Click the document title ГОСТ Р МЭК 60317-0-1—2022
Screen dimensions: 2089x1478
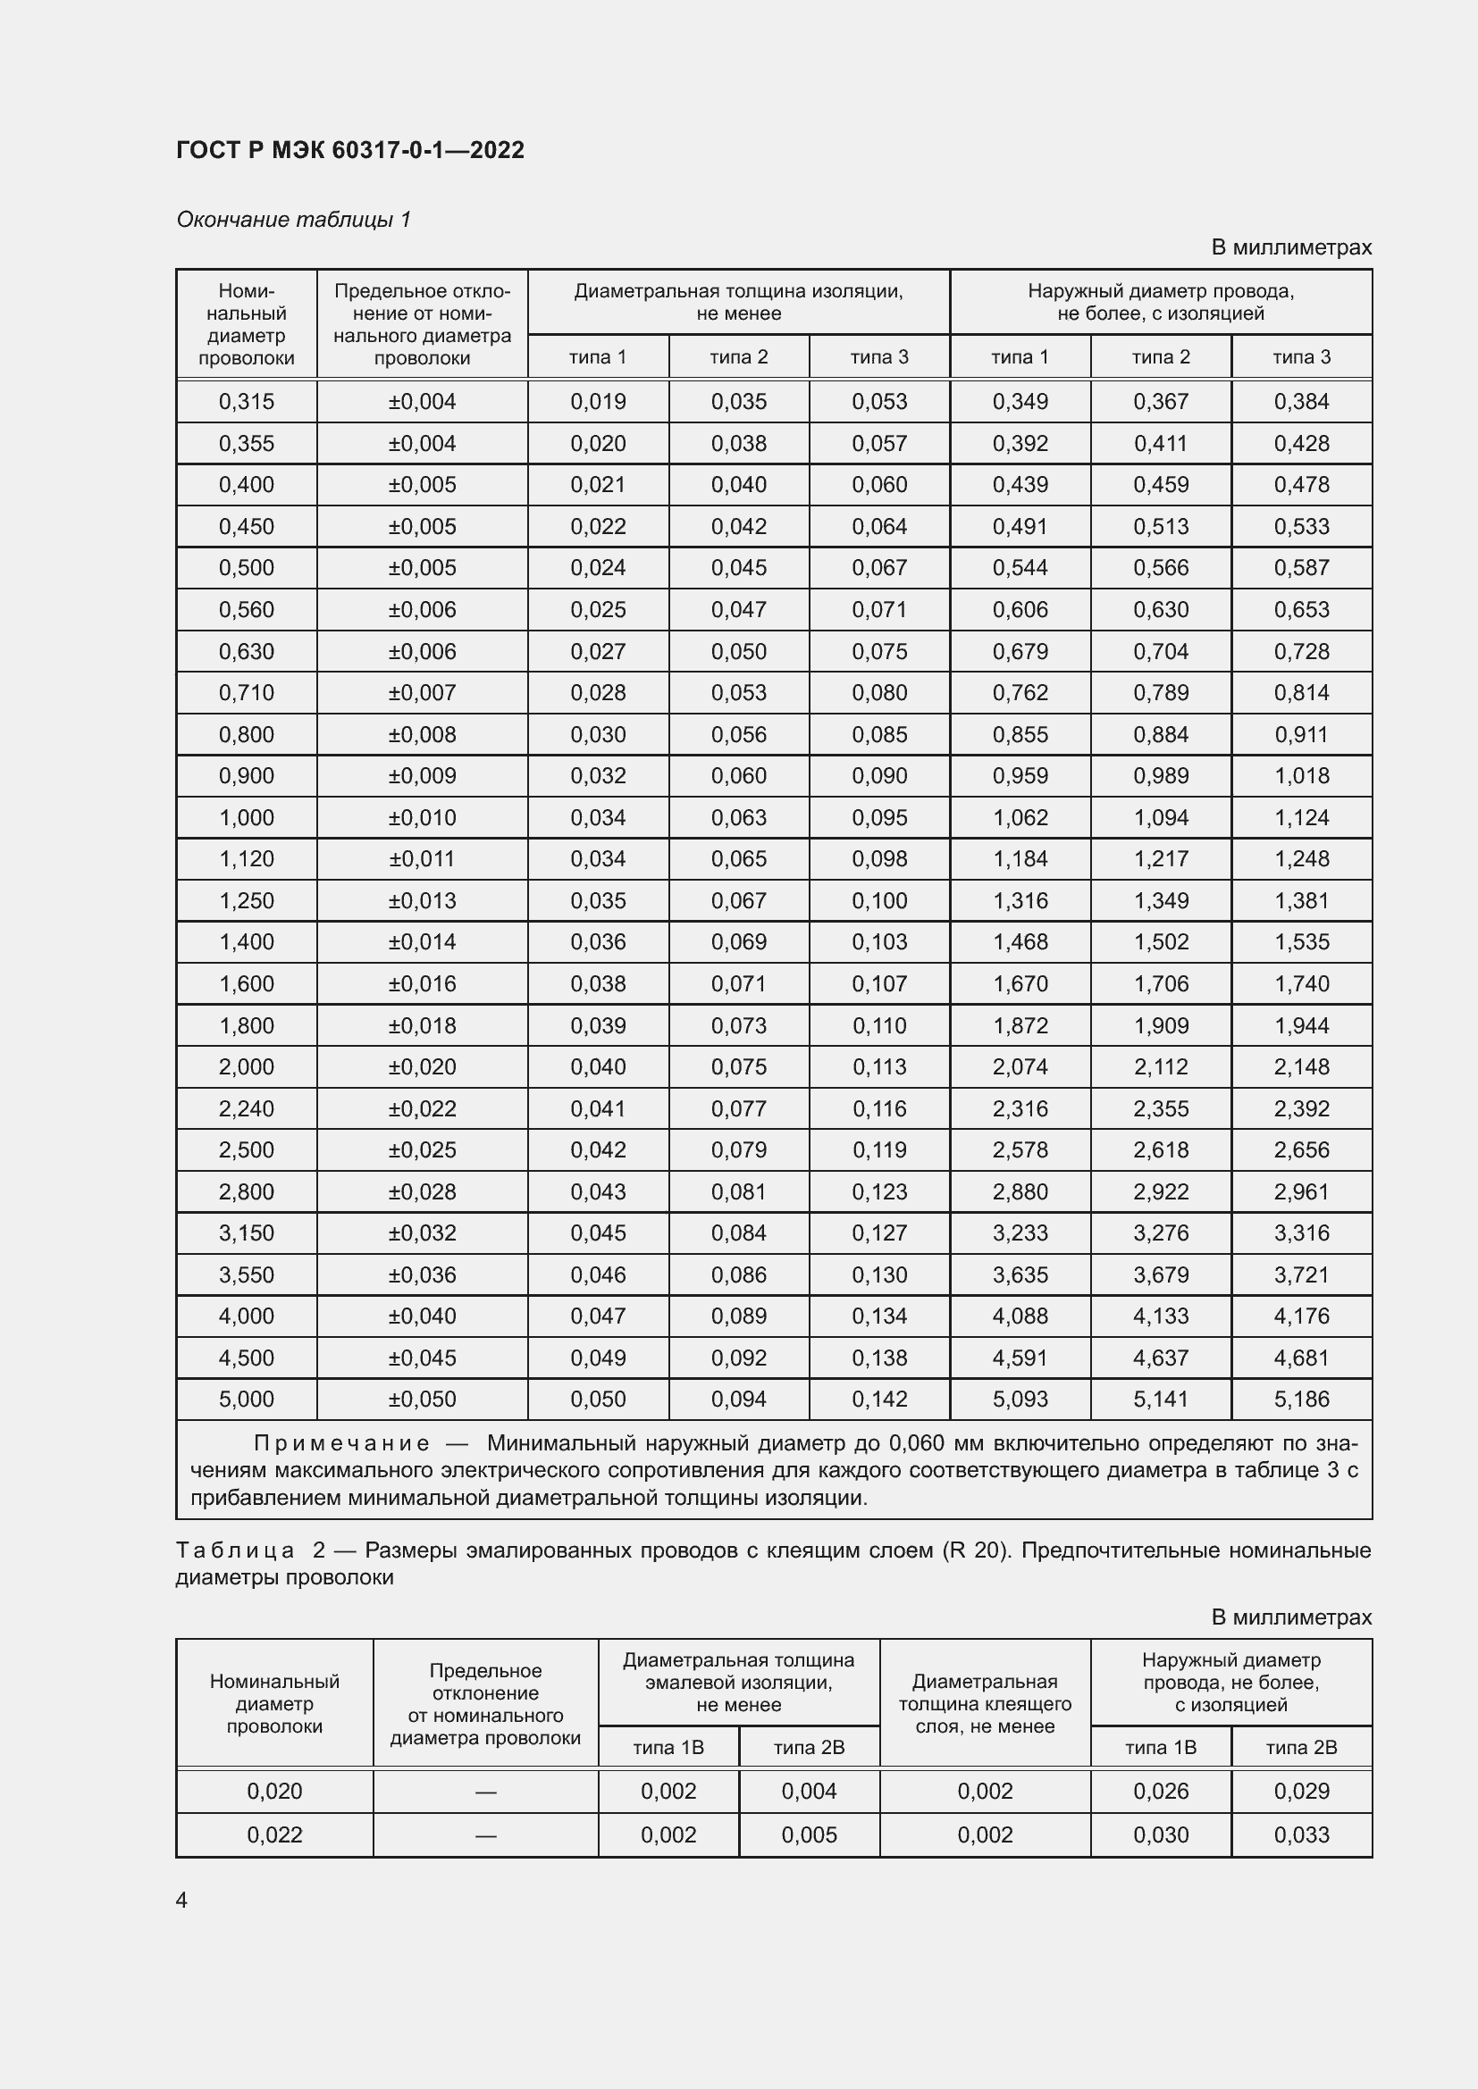(350, 150)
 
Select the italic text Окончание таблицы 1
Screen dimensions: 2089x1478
(293, 220)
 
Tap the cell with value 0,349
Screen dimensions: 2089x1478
(1020, 401)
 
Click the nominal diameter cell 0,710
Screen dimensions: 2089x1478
(246, 692)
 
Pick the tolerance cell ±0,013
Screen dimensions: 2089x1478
(423, 900)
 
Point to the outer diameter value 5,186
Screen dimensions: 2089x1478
(1301, 1399)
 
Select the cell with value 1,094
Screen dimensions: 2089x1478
(1161, 817)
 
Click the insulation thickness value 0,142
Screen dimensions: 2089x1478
(879, 1399)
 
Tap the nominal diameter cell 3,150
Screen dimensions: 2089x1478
(246, 1233)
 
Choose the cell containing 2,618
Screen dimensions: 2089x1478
(1161, 1149)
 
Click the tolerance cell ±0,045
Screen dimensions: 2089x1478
(423, 1358)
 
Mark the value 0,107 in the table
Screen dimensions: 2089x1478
(879, 983)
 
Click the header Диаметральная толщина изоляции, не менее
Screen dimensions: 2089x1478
(738, 302)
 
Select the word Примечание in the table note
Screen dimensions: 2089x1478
(341, 1443)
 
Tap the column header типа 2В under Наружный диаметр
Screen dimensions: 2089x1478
(1301, 1747)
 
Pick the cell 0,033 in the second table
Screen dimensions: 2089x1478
(1301, 1834)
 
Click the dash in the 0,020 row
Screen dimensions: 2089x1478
(485, 1792)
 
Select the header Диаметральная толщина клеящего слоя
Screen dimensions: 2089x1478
(985, 1703)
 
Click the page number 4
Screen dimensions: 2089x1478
(181, 1900)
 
